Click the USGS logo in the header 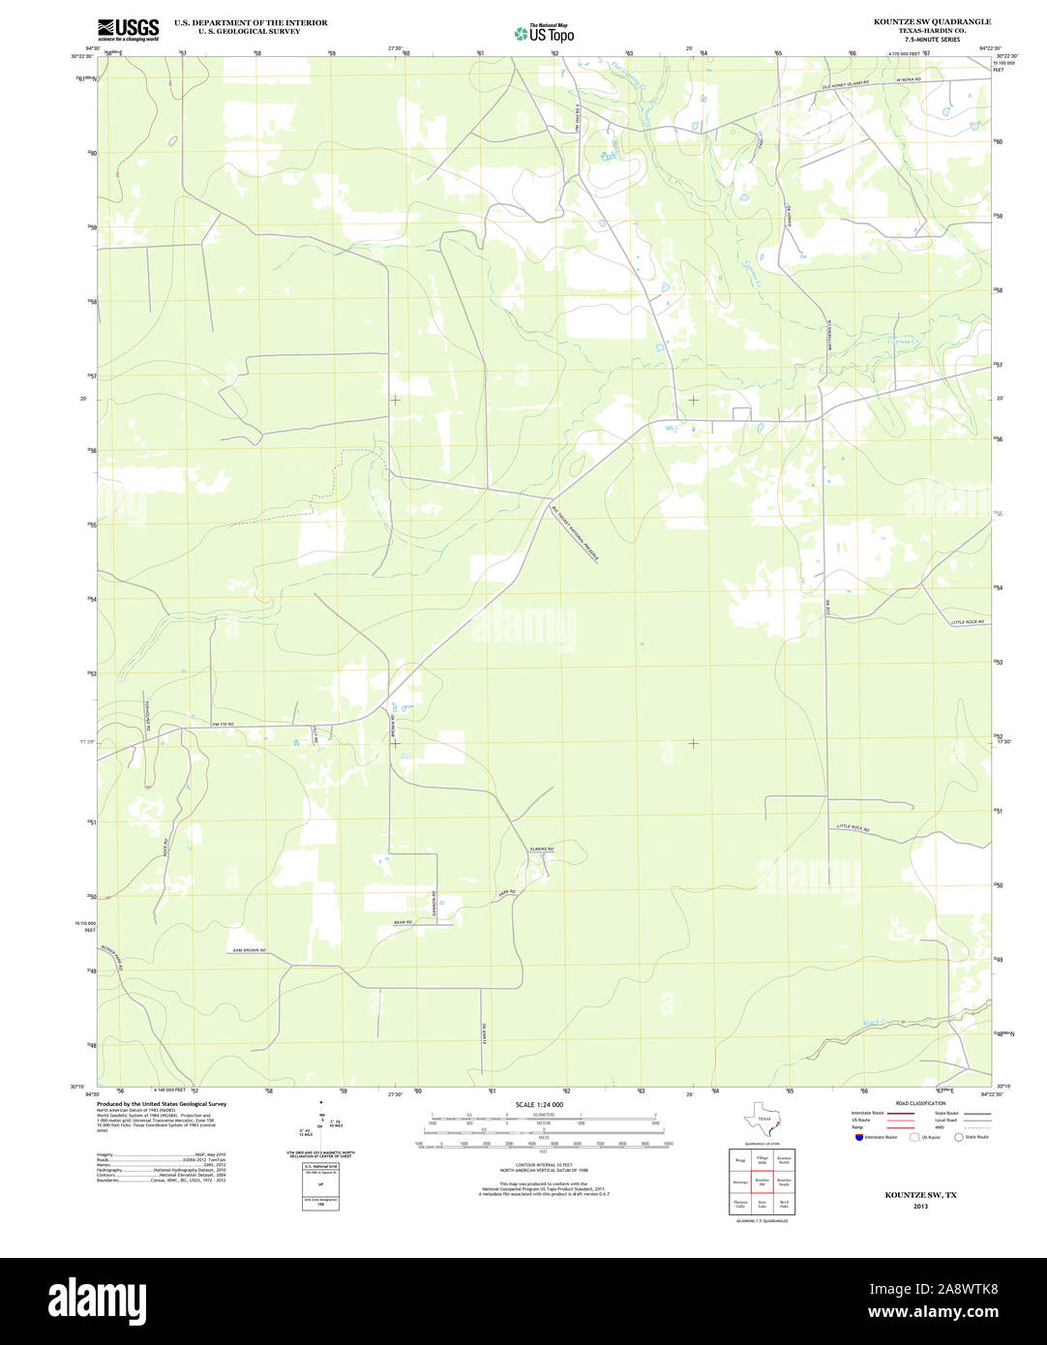[128, 29]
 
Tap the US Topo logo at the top [544, 33]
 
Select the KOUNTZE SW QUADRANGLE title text [932, 21]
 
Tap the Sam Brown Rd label [249, 950]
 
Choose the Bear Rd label [404, 922]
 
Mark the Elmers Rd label [541, 849]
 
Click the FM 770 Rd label [224, 724]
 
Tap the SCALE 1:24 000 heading [539, 1104]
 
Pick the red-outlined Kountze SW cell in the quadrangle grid [762, 1181]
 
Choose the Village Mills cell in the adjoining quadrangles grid [762, 1158]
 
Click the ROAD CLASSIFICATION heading [920, 1103]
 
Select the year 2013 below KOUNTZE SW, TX [920, 1206]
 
